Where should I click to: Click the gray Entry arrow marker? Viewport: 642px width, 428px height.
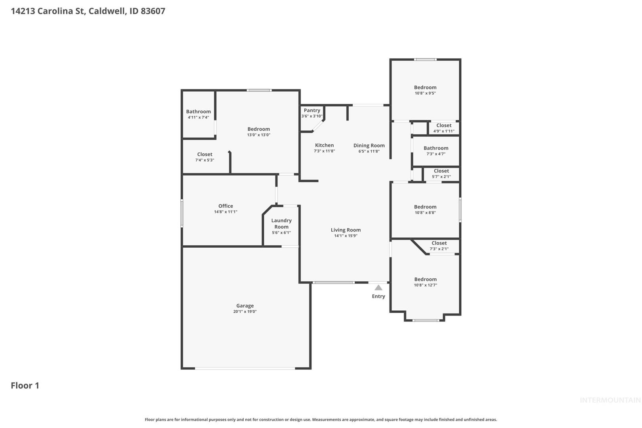tap(378, 288)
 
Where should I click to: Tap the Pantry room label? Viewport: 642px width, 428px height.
tap(312, 110)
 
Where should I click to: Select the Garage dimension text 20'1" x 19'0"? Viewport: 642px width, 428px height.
tap(245, 311)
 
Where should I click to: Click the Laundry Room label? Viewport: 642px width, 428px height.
tap(281, 224)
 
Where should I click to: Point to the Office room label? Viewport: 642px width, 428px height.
tap(225, 206)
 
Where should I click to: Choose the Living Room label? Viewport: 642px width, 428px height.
tap(346, 230)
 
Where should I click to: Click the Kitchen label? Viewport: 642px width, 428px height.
tap(325, 145)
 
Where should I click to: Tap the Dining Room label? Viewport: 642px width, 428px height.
tap(369, 145)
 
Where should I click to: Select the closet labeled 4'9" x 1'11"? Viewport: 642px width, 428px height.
tap(444, 128)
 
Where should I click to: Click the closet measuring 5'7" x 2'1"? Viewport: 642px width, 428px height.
tap(441, 174)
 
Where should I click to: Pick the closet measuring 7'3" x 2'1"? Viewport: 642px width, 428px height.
tap(439, 246)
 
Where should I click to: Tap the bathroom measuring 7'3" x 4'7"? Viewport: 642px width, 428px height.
tap(436, 151)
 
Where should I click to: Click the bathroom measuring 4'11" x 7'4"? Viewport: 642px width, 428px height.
tap(198, 114)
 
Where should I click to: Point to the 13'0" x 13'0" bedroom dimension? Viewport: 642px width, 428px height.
tap(258, 135)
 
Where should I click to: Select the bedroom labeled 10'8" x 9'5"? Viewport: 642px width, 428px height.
tap(425, 90)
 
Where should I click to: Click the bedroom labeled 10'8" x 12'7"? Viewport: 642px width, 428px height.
tap(425, 282)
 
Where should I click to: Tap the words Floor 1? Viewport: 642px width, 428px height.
tap(25, 386)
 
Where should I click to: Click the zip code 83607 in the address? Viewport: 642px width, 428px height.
tap(153, 11)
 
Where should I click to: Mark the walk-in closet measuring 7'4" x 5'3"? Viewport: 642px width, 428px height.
tap(204, 157)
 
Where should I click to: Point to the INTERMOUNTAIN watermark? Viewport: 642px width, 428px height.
tap(610, 400)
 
